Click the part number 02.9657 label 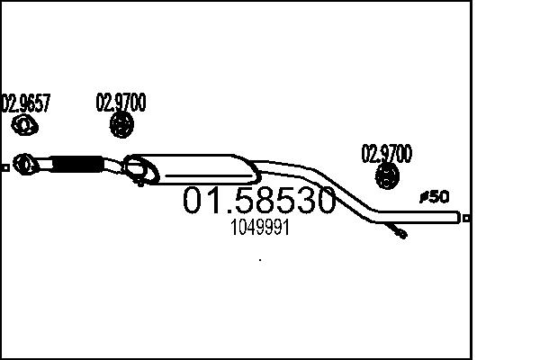(x=26, y=103)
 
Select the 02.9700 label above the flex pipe (x=121, y=103)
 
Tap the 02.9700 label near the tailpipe (x=386, y=154)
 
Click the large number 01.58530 (x=259, y=200)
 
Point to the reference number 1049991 (x=260, y=228)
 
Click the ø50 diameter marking (x=435, y=197)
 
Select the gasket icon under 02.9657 (x=24, y=126)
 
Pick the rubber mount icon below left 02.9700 (x=121, y=124)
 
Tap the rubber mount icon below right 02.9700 (x=387, y=176)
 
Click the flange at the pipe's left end (x=25, y=164)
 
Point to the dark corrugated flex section (x=76, y=164)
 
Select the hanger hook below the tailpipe (x=396, y=230)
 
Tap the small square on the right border (x=466, y=218)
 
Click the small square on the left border (x=5, y=167)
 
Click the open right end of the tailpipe (x=458, y=217)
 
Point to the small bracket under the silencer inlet (x=139, y=182)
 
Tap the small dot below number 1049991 (x=260, y=260)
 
